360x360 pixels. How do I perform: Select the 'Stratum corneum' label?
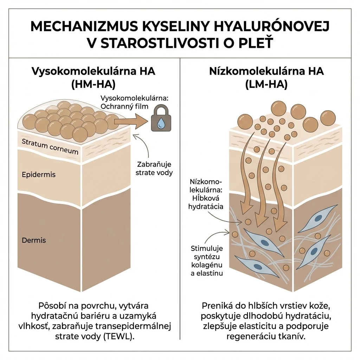(50, 147)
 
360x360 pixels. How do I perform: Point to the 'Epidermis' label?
(39, 174)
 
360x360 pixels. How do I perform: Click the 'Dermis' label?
(34, 240)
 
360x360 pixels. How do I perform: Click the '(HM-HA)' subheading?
(93, 85)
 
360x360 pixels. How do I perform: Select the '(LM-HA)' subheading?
(266, 85)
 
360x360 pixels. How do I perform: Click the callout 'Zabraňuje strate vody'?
(154, 168)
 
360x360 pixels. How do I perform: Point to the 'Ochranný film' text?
(124, 107)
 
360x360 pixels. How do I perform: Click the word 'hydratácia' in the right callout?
(206, 207)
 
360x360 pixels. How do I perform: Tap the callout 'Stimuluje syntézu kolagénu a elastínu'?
(207, 261)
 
